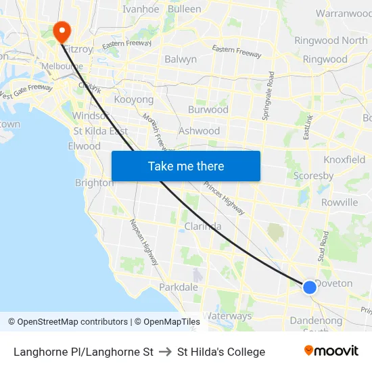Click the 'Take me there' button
click(x=186, y=166)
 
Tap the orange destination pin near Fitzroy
click(x=61, y=30)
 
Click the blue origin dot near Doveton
click(x=309, y=287)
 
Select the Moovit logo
click(x=331, y=351)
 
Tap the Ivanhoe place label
click(x=141, y=9)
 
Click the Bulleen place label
click(x=184, y=9)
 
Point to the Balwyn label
click(x=181, y=59)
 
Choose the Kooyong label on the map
click(x=134, y=99)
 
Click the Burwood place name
click(x=208, y=109)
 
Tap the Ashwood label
click(x=199, y=131)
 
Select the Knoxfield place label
click(x=344, y=160)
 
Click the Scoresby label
click(x=313, y=176)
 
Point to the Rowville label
click(x=340, y=202)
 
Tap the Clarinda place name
click(x=203, y=227)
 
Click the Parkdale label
click(x=179, y=287)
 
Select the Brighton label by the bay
click(x=94, y=183)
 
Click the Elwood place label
click(x=85, y=146)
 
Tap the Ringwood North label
click(x=331, y=41)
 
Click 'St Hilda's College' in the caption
click(x=221, y=352)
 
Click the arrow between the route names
click(x=165, y=352)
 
